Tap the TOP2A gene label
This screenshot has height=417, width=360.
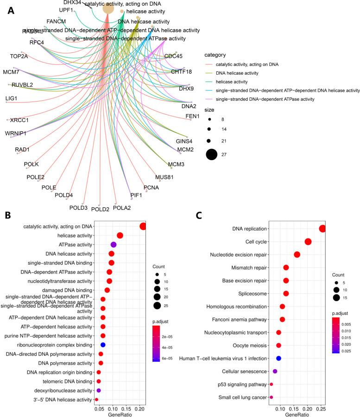point(19,57)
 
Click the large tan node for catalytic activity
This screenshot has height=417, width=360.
point(108,8)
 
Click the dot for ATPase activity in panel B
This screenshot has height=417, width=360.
point(114,244)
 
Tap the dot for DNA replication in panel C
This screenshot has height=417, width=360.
point(322,229)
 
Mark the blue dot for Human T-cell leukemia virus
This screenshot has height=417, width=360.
point(278,358)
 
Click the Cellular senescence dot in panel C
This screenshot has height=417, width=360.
point(275,371)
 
